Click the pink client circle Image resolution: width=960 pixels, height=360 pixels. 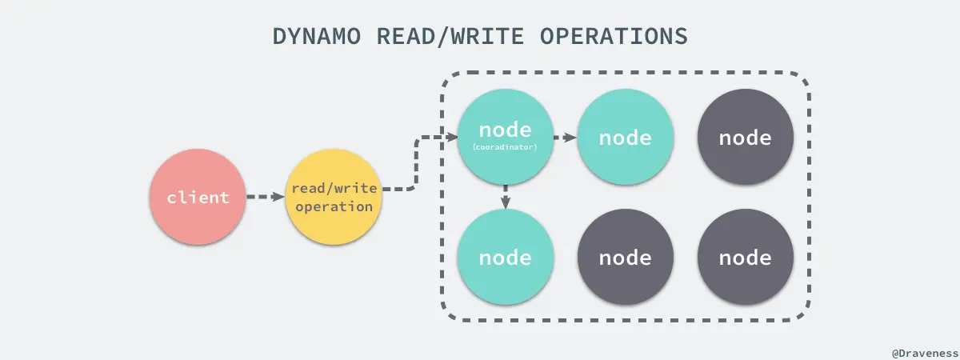click(198, 198)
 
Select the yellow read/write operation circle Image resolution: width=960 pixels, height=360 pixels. click(334, 198)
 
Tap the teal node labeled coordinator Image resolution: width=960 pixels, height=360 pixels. click(505, 137)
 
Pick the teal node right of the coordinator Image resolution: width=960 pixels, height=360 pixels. click(625, 137)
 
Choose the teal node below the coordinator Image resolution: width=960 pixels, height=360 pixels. click(505, 258)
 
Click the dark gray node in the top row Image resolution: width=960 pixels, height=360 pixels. click(745, 137)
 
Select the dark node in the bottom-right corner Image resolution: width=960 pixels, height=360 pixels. click(745, 258)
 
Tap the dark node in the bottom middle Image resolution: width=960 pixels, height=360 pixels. click(625, 258)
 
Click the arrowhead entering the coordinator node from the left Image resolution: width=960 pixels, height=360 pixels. click(451, 138)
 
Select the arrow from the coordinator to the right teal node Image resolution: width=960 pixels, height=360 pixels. click(565, 138)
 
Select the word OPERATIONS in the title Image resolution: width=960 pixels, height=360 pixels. click(617, 38)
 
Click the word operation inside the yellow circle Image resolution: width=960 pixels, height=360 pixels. click(334, 206)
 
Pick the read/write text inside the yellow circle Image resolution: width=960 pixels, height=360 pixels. click(334, 189)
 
